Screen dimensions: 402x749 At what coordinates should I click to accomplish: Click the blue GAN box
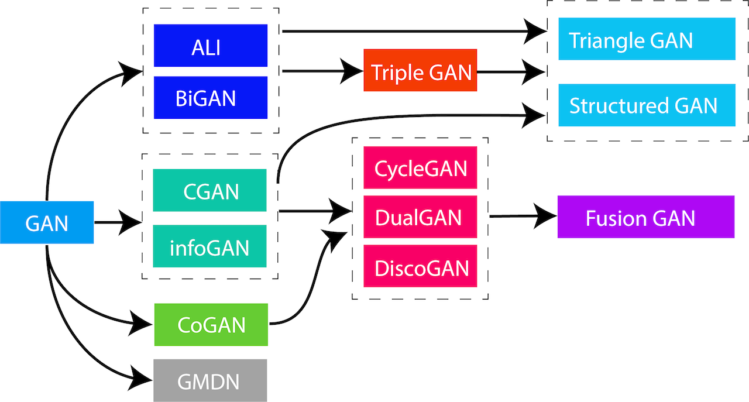pos(47,222)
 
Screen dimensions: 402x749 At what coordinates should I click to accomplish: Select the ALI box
pos(211,46)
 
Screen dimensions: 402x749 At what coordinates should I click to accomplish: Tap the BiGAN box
pos(211,98)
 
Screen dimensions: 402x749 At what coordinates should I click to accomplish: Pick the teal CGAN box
pos(209,190)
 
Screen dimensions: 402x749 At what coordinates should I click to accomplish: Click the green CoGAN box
pos(211,324)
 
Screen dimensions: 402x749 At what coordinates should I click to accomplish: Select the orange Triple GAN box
pos(421,73)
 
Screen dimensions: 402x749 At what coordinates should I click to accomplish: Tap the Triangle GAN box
pos(647,39)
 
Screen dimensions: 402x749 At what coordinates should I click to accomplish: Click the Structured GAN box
pos(647,105)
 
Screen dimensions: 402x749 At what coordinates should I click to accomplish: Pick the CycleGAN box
pos(420,168)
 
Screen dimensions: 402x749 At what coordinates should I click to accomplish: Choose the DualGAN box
pos(420,217)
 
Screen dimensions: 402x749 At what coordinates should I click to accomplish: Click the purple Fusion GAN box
pos(645,217)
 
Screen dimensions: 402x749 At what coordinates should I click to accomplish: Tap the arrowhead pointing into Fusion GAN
pos(544,217)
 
